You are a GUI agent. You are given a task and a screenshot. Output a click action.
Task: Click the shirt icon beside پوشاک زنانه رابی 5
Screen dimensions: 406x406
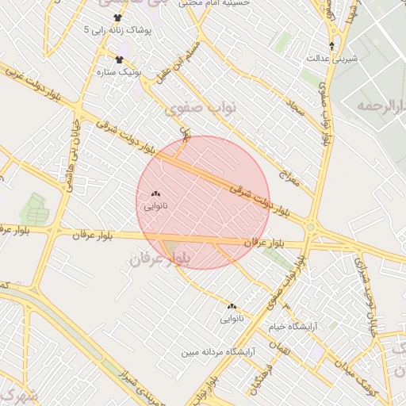tap(118, 17)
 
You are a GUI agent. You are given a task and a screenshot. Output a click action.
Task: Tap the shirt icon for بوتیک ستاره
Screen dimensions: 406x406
tap(120, 59)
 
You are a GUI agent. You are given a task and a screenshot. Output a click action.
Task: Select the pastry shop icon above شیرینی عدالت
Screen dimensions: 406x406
tap(331, 45)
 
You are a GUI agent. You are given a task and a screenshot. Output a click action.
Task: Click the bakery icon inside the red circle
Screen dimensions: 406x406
tap(155, 193)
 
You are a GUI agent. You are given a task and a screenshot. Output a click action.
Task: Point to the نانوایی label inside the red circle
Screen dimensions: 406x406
tap(155, 205)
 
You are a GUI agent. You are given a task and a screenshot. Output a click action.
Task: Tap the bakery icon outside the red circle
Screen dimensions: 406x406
tap(232, 307)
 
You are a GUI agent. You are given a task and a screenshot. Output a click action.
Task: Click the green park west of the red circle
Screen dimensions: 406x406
tap(36, 208)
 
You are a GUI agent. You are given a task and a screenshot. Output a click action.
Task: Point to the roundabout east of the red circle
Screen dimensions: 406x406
tap(310, 229)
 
